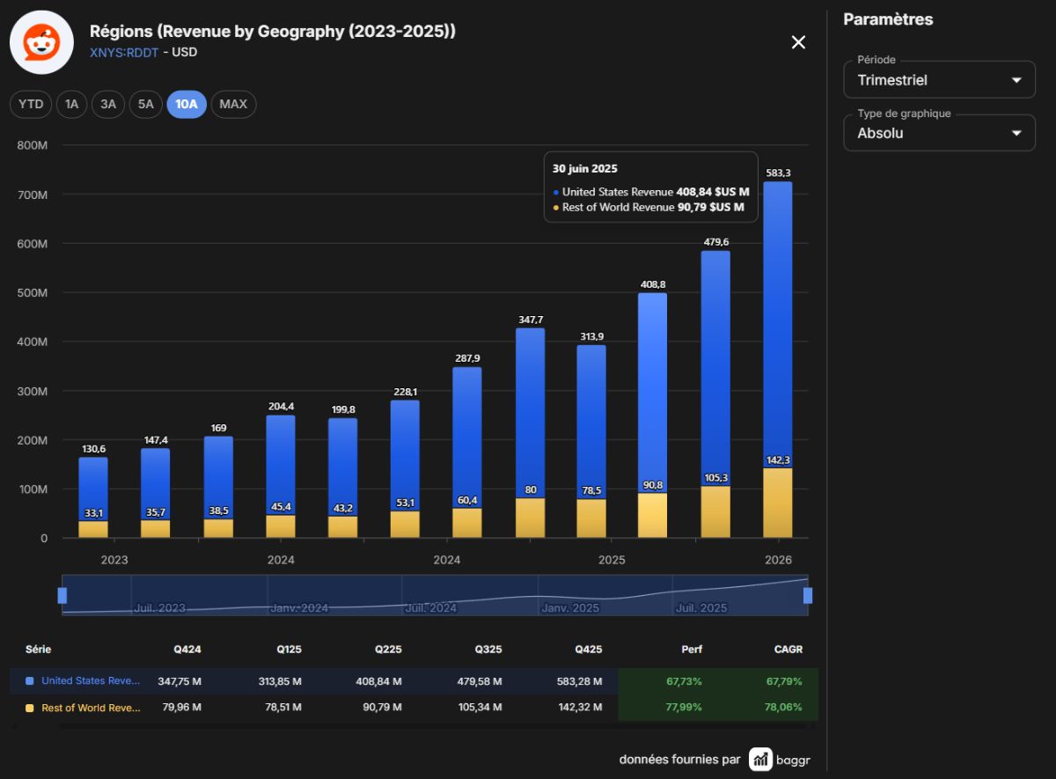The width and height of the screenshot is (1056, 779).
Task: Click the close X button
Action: pyautogui.click(x=798, y=42)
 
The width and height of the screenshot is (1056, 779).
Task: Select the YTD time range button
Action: pyautogui.click(x=31, y=104)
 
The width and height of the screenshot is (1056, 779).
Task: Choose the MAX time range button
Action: pyautogui.click(x=233, y=104)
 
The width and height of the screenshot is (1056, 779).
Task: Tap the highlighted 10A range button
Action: pyautogui.click(x=187, y=104)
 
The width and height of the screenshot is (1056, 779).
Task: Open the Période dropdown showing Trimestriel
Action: pyautogui.click(x=939, y=80)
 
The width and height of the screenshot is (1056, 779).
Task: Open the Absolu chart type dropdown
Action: pyautogui.click(x=939, y=133)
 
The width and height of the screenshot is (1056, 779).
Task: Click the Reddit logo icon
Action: pyautogui.click(x=42, y=42)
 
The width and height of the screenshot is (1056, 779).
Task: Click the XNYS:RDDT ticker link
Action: pyautogui.click(x=124, y=52)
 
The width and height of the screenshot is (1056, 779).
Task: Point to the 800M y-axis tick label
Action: pyautogui.click(x=32, y=145)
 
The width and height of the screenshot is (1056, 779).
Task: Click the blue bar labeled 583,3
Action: pyautogui.click(x=778, y=325)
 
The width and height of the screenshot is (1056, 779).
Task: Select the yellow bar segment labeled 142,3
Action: pyautogui.click(x=778, y=503)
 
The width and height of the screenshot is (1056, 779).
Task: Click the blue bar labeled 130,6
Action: pyautogui.click(x=93, y=489)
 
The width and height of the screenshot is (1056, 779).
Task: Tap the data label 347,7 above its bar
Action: pyautogui.click(x=531, y=320)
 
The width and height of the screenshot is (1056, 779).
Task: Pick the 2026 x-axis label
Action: pyautogui.click(x=778, y=560)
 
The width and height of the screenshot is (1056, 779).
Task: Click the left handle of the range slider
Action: pyautogui.click(x=62, y=596)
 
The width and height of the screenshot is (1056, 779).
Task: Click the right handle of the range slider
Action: pyautogui.click(x=808, y=596)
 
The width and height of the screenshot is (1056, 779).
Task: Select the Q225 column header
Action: pyautogui.click(x=388, y=650)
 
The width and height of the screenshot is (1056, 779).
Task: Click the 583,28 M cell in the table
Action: pyautogui.click(x=579, y=681)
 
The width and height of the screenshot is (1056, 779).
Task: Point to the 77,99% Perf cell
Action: pyautogui.click(x=684, y=707)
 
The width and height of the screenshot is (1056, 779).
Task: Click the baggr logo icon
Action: pyautogui.click(x=760, y=759)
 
